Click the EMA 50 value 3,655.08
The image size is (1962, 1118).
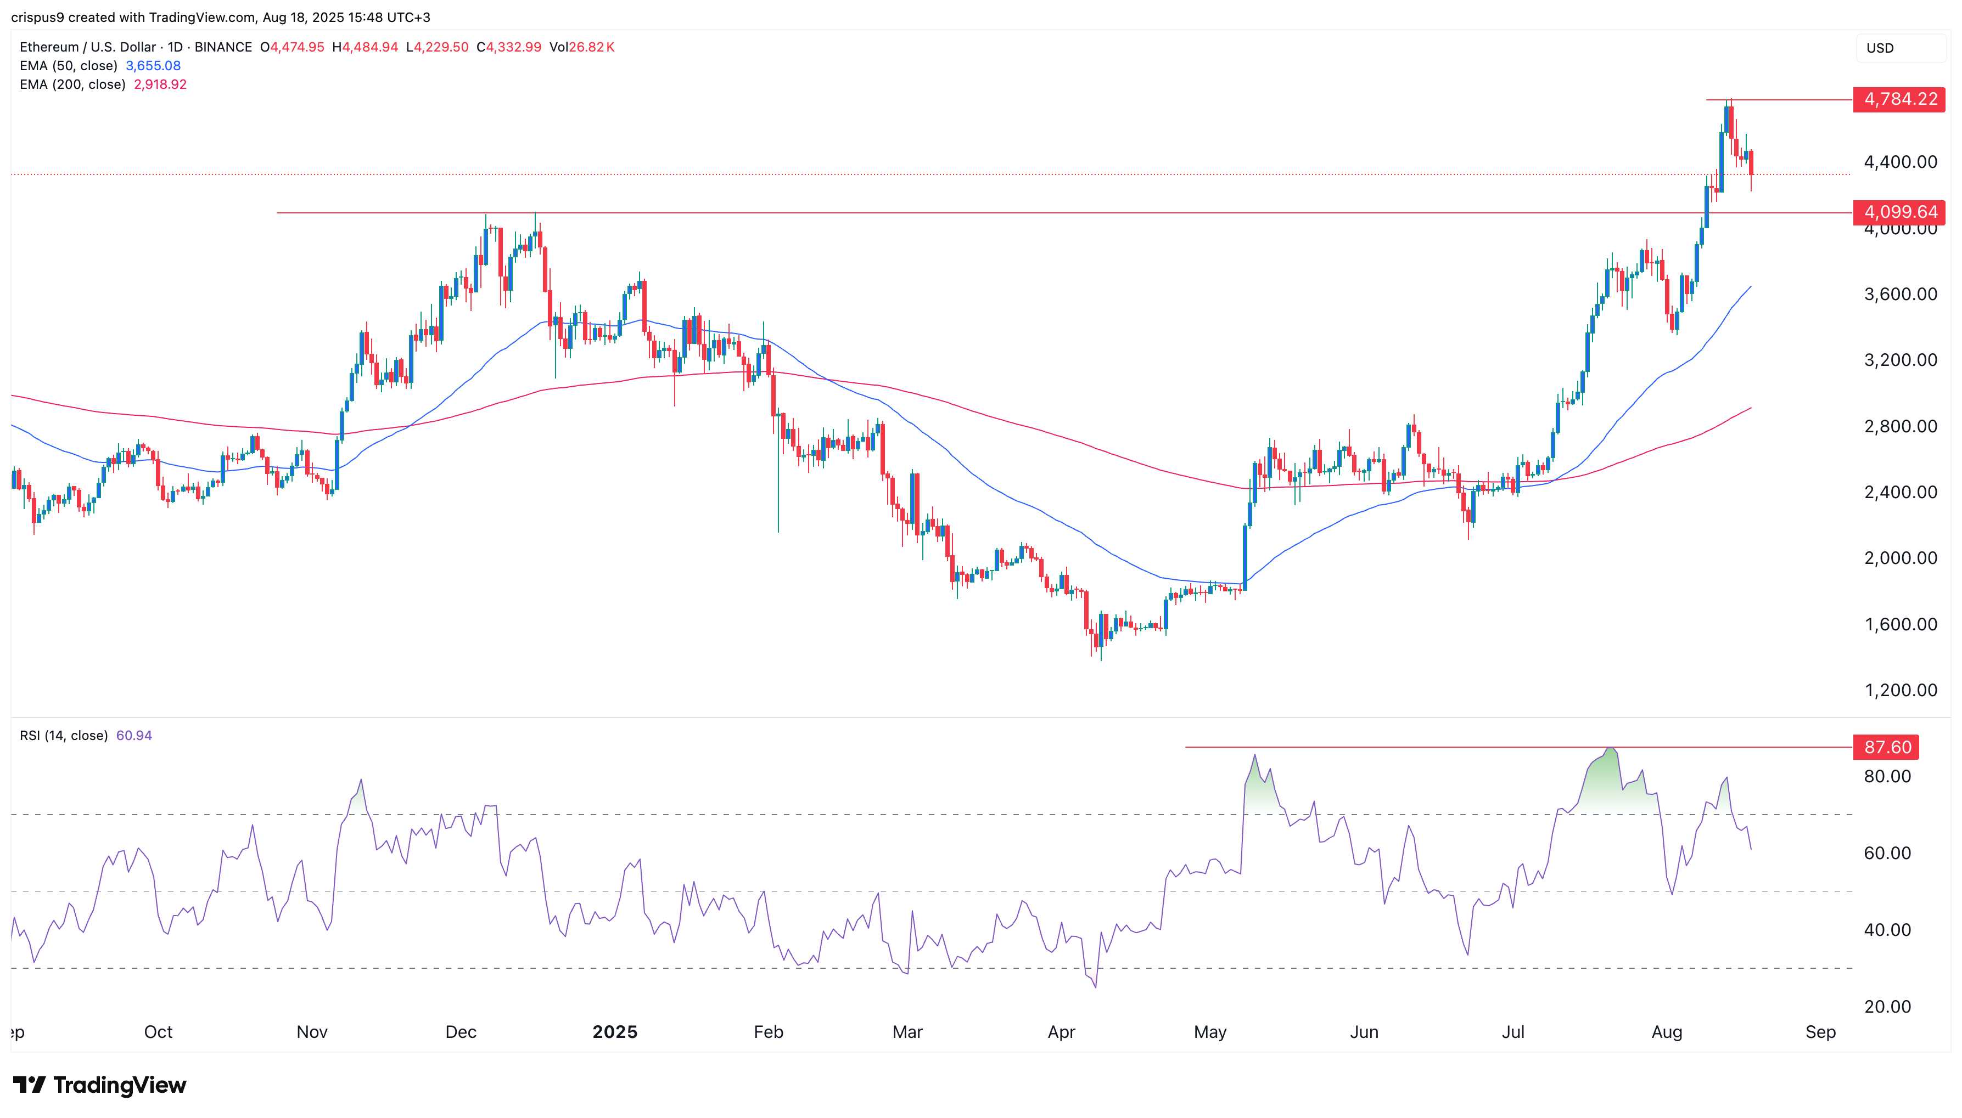[153, 66]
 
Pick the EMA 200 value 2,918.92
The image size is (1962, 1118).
[160, 84]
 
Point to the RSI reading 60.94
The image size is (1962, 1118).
[133, 736]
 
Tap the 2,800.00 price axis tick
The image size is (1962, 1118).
[1900, 426]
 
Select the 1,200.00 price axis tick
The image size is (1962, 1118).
[1900, 690]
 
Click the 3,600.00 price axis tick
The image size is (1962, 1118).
[1900, 294]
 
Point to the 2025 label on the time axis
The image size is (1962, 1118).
[614, 1032]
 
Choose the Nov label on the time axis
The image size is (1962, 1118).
[312, 1032]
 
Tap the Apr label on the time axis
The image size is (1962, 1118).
[1061, 1032]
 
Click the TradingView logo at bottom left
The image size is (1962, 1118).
[100, 1085]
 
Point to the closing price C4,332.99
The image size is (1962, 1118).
[508, 47]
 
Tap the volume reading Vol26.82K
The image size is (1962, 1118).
[581, 47]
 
